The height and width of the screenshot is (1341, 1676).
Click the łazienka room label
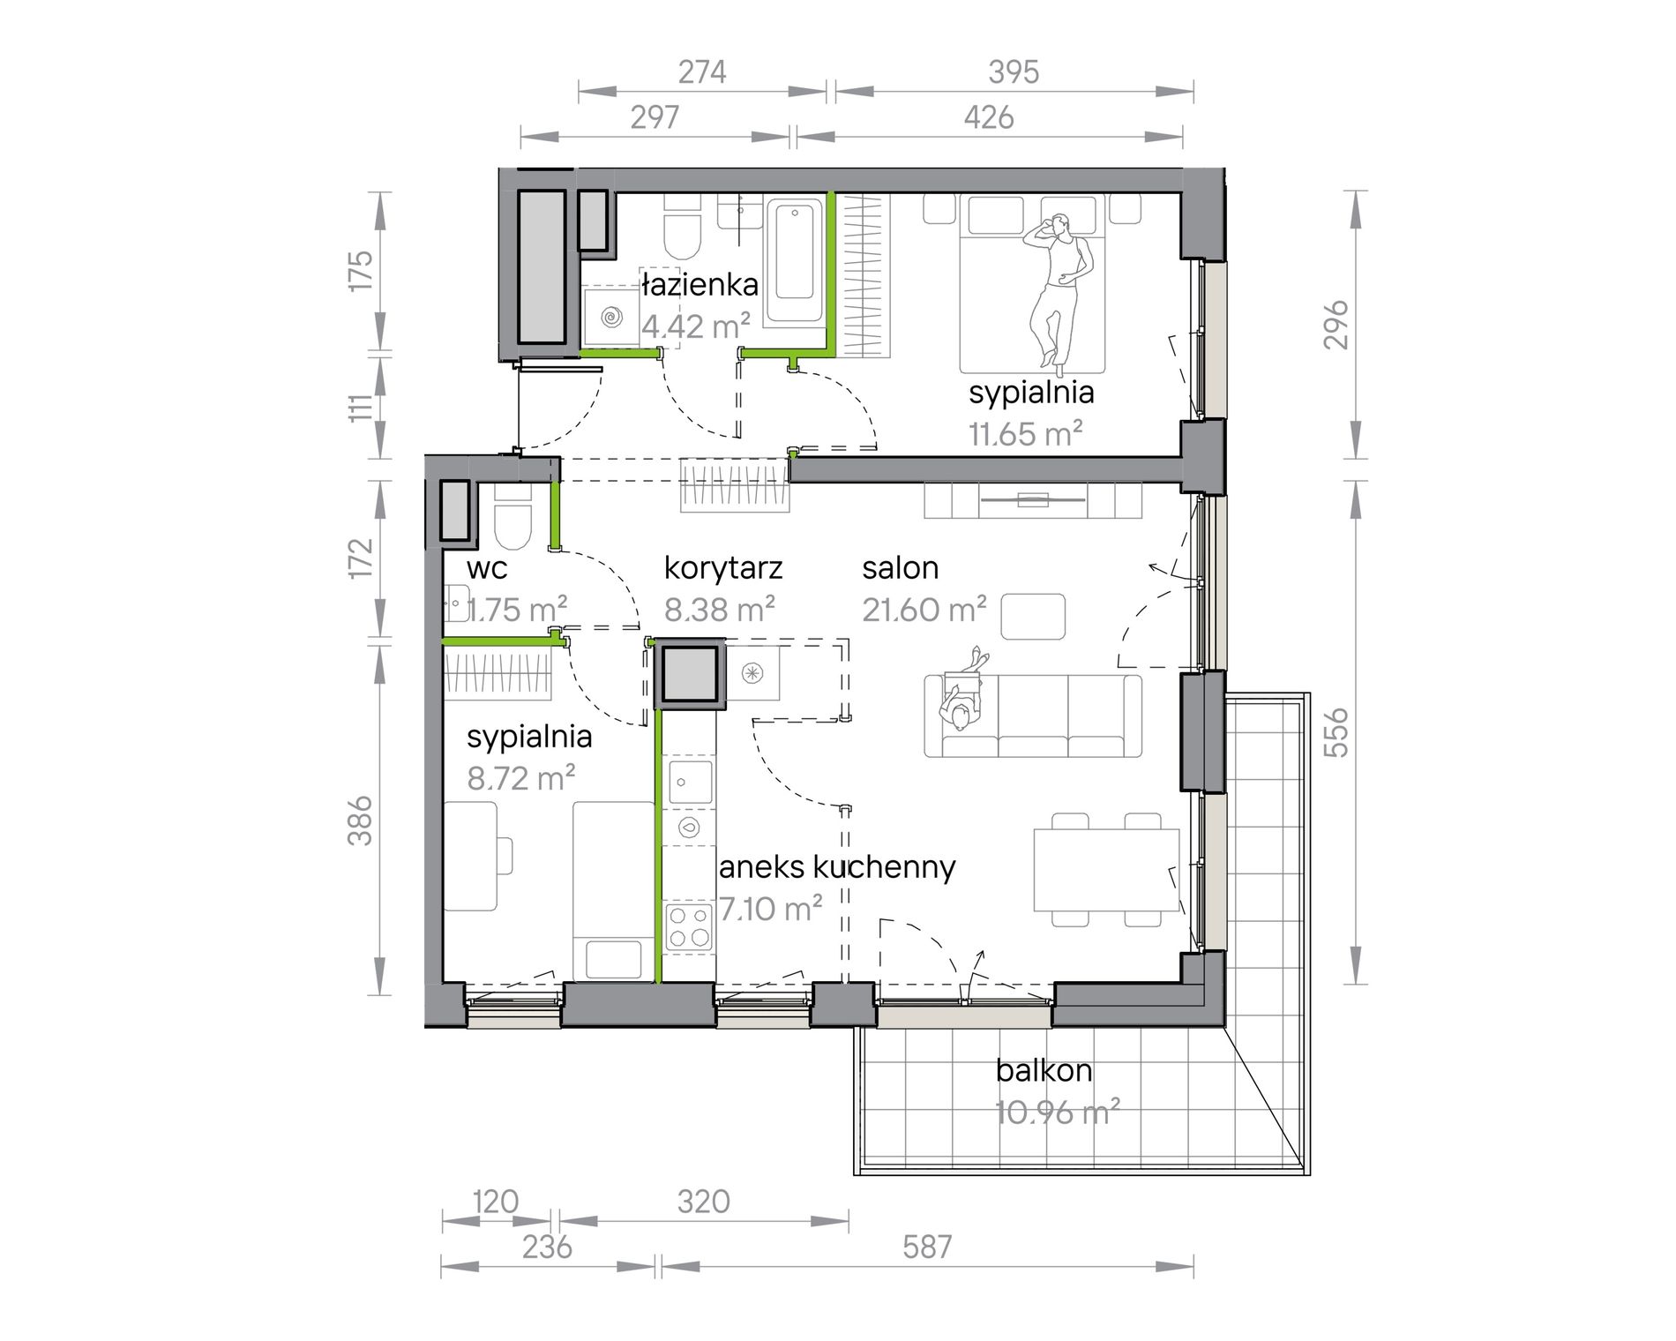(700, 284)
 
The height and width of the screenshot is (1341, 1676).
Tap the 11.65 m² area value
(1026, 434)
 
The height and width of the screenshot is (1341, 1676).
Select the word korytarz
(723, 569)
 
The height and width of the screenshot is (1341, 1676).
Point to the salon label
(900, 568)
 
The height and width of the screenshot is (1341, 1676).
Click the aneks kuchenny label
(837, 868)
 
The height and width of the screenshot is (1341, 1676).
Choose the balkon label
(1044, 1070)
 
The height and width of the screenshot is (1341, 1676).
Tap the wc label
(487, 569)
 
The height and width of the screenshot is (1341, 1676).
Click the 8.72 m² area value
(521, 778)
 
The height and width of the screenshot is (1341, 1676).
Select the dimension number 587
(927, 1247)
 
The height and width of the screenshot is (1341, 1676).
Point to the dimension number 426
(988, 117)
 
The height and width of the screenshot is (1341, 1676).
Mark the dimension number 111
(360, 407)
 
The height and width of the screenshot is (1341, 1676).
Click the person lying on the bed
(1059, 289)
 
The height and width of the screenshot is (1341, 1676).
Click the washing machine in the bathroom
(609, 315)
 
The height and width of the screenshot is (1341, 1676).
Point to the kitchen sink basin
(690, 781)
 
